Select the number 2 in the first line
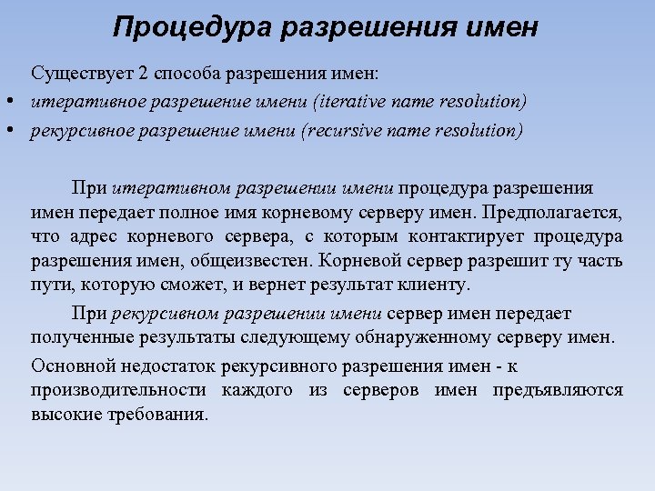click(141, 73)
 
